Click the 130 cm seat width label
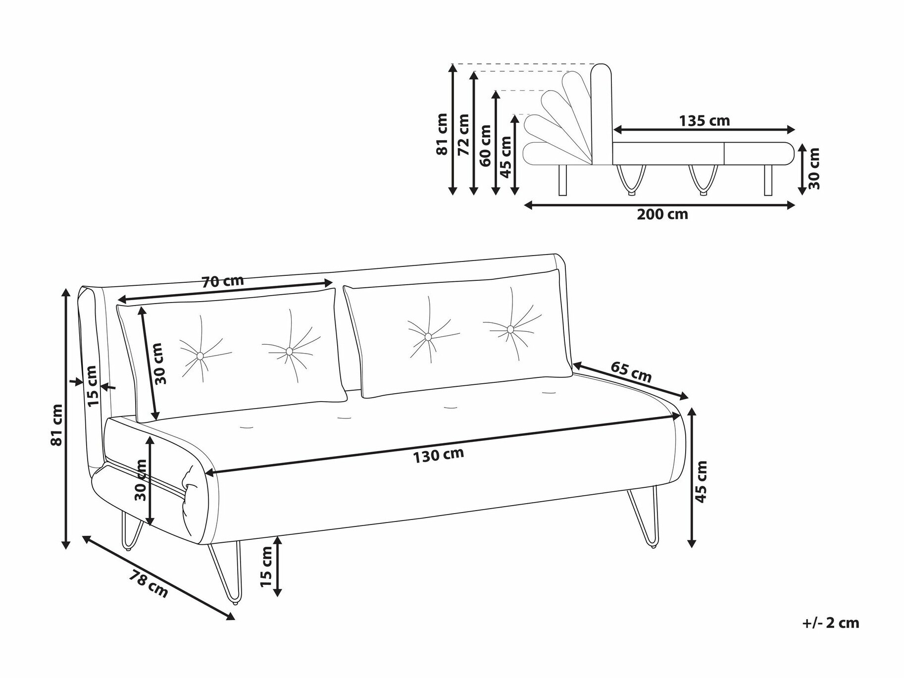click(439, 455)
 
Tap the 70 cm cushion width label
click(223, 281)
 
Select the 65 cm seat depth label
click(631, 371)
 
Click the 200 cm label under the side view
click(662, 214)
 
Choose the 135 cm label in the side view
click(704, 120)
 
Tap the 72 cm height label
click(463, 135)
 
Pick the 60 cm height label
click(485, 146)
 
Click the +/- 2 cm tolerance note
click(831, 623)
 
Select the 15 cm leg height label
click(266, 567)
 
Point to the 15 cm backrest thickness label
click(92, 385)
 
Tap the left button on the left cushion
click(200, 356)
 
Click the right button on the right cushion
click(510, 329)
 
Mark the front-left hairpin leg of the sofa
click(225, 572)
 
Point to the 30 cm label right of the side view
click(814, 168)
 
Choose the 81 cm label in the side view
click(442, 134)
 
